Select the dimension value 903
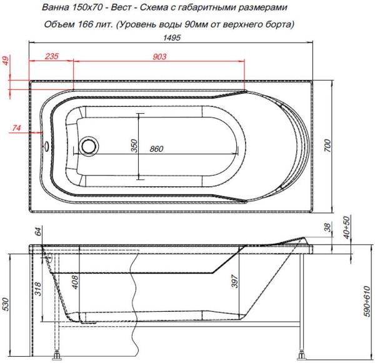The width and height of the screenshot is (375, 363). (x=159, y=57)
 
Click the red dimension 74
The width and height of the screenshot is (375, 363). (x=17, y=128)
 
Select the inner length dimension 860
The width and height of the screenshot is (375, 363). (x=157, y=149)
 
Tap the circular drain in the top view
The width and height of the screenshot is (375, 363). (x=88, y=146)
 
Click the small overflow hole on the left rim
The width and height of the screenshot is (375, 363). (x=46, y=147)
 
